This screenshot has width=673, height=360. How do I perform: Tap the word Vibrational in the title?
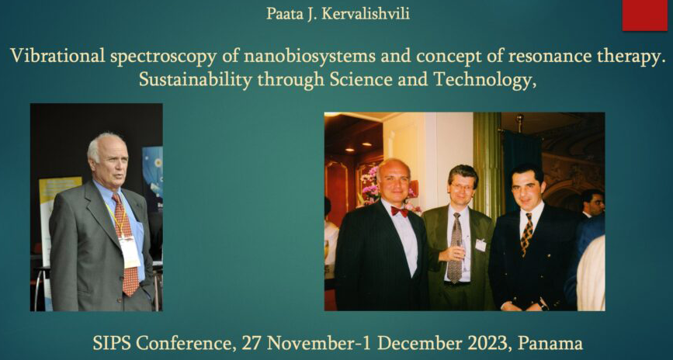pos(57,56)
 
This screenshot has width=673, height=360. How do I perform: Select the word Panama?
pos(550,343)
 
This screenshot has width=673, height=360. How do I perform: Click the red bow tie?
pos(399,211)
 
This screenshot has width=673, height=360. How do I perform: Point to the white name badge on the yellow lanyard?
pos(130,251)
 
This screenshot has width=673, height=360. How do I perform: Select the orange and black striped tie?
pos(526,234)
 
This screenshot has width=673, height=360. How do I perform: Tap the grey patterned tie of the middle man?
pos(455,247)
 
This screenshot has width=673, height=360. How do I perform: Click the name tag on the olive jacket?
pos(480,245)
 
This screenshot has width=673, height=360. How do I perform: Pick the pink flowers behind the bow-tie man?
pos(370,185)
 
